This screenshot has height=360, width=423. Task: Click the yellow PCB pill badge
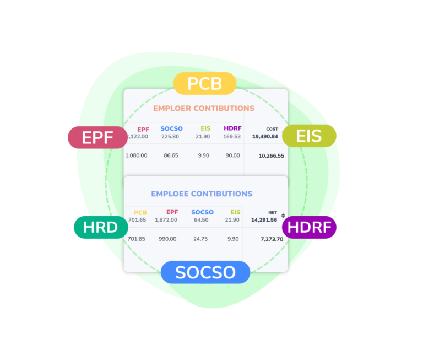pyautogui.click(x=205, y=83)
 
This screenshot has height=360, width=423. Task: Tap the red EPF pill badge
pyautogui.click(x=97, y=137)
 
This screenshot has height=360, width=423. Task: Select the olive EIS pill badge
pyautogui.click(x=309, y=136)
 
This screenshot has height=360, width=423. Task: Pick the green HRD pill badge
pyautogui.click(x=101, y=227)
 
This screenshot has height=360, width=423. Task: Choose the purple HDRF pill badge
pyautogui.click(x=309, y=227)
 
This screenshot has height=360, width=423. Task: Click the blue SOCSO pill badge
pyautogui.click(x=205, y=272)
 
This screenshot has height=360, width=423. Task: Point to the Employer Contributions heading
pyautogui.click(x=204, y=108)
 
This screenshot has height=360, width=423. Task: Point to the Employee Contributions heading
pyautogui.click(x=202, y=194)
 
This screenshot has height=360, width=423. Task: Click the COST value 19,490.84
pyautogui.click(x=265, y=136)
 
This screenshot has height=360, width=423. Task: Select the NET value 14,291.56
pyautogui.click(x=264, y=220)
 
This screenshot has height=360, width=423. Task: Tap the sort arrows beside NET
pyautogui.click(x=283, y=216)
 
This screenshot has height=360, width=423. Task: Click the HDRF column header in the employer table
pyautogui.click(x=232, y=128)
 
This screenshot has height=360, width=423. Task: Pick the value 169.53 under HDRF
pyautogui.click(x=232, y=136)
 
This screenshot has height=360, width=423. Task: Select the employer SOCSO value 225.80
pyautogui.click(x=170, y=136)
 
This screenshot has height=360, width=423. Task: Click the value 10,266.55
pyautogui.click(x=272, y=156)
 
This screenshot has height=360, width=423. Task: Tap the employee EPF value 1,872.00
pyautogui.click(x=166, y=220)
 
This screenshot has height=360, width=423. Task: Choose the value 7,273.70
pyautogui.click(x=272, y=239)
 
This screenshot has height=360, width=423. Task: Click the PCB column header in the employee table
pyautogui.click(x=140, y=213)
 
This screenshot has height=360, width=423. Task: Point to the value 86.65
pyautogui.click(x=171, y=155)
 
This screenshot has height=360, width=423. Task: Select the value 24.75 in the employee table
pyautogui.click(x=200, y=239)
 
